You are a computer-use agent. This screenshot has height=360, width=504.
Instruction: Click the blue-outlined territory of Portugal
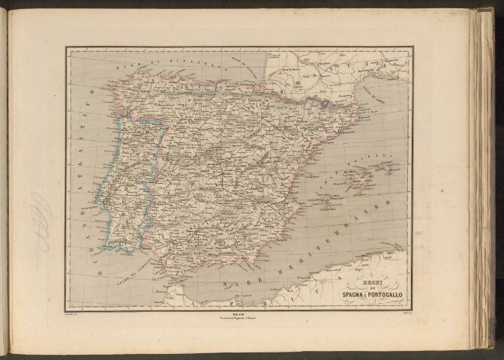pos(131,180)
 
